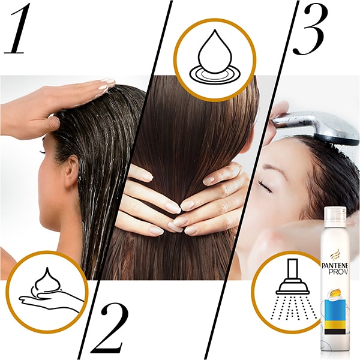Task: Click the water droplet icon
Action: tap(215, 58)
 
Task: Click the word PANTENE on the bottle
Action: tap(335, 266)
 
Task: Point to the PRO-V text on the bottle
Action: tap(338, 272)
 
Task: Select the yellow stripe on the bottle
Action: tap(335, 325)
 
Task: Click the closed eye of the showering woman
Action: tap(265, 187)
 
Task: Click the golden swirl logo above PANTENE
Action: tap(335, 256)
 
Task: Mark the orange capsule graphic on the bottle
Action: tap(335, 293)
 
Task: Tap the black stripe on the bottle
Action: tap(335, 331)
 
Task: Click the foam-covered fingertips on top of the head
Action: tap(106, 85)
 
